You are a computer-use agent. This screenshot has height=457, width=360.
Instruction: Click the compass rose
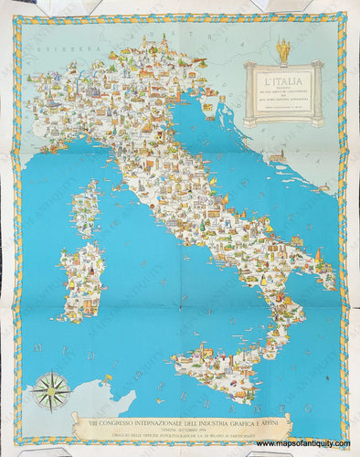pos(51,391)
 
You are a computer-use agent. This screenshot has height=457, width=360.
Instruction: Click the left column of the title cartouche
pos(249,91)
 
